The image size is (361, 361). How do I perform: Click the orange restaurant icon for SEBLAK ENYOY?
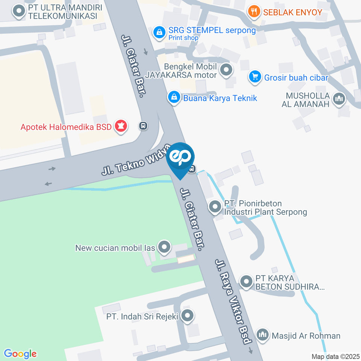(x=255, y=12)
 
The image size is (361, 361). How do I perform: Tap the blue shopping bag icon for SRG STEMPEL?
(x=160, y=32)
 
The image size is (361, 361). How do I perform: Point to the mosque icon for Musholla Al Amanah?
(x=339, y=99)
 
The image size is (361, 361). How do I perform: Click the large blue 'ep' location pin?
(x=180, y=157)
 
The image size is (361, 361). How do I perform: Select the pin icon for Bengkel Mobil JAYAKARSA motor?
(x=226, y=70)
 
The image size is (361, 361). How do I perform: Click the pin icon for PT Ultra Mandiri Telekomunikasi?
(x=18, y=12)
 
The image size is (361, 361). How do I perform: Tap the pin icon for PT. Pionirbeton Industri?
(x=215, y=206)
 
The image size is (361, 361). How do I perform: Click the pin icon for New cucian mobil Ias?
(x=164, y=247)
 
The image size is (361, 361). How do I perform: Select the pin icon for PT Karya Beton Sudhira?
(x=246, y=281)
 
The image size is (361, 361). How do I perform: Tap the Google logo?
(x=20, y=353)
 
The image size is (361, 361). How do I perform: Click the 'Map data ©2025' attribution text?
(x=335, y=356)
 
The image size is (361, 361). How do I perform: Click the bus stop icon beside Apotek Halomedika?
(x=143, y=126)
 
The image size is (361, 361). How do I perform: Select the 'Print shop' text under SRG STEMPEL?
(x=183, y=38)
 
